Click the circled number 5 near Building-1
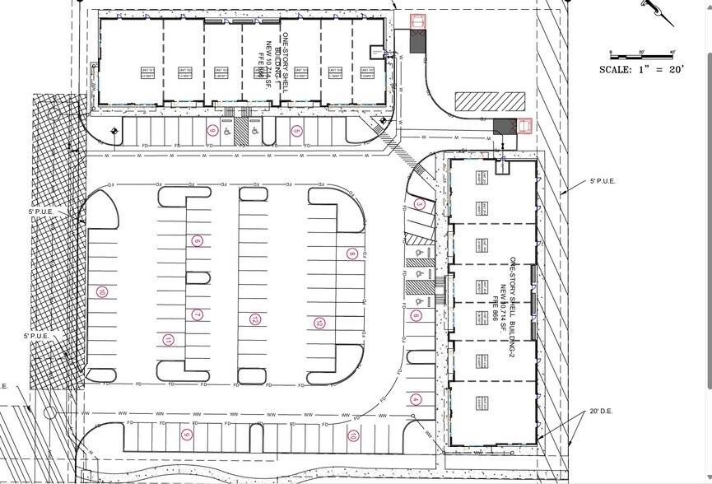point(296,131)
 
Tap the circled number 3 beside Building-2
point(419,204)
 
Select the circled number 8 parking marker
point(351,254)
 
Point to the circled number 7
point(197,314)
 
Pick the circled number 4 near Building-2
point(416,400)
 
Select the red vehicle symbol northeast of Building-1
point(418,23)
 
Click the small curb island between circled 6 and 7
point(197,277)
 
